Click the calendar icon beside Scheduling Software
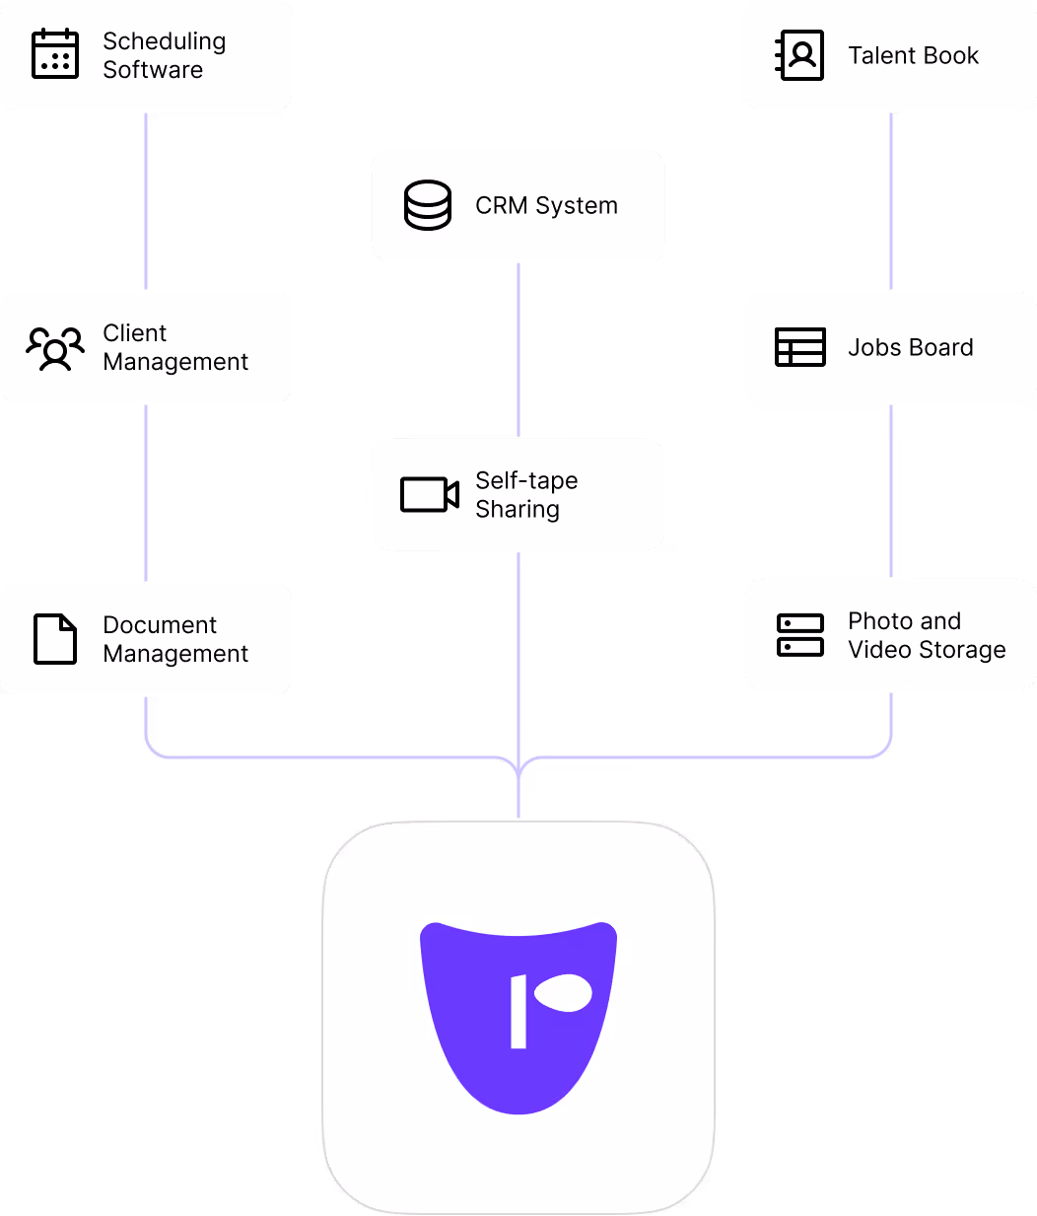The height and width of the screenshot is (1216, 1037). [55, 54]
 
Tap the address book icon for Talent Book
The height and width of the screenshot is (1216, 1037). [799, 55]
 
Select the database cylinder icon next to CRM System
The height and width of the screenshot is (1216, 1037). [428, 205]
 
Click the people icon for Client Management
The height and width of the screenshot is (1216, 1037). [55, 347]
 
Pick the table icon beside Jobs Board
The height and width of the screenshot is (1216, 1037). [799, 347]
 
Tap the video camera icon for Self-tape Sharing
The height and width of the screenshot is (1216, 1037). [430, 494]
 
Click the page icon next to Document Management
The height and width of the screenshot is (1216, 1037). [55, 639]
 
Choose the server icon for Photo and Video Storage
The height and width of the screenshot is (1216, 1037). [799, 635]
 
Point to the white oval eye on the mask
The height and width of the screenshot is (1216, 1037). [563, 993]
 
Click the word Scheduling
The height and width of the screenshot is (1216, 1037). [164, 41]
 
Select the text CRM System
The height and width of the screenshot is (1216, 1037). [546, 205]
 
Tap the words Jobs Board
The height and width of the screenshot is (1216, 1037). [910, 347]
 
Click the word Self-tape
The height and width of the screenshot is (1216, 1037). [526, 480]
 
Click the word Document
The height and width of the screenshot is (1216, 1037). [160, 625]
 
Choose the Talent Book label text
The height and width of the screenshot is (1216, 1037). [913, 55]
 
